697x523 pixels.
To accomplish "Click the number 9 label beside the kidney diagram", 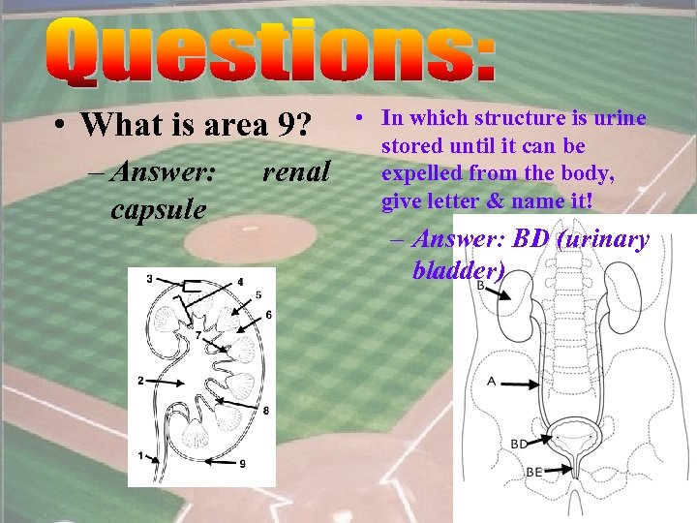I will (242, 463).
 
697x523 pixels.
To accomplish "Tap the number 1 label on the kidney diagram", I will (140, 454).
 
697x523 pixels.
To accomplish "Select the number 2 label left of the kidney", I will (140, 380).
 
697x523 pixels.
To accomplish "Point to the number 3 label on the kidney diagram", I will (149, 279).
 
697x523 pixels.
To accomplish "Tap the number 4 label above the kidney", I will (240, 282).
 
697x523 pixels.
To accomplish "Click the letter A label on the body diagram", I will (492, 382).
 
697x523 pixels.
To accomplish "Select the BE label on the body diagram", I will (533, 472).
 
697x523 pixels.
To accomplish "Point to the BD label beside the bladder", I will (520, 444).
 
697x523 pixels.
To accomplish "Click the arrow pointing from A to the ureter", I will (521, 385).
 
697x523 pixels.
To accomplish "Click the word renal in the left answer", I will (296, 172).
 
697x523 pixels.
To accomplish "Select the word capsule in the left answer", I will (158, 208).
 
